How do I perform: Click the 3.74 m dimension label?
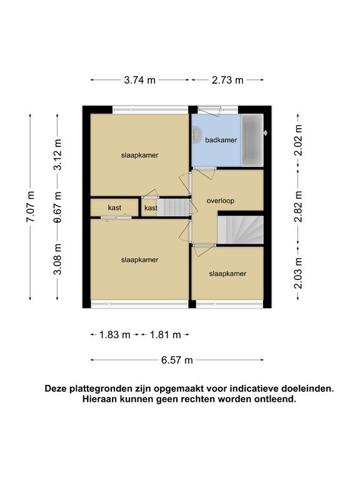140,79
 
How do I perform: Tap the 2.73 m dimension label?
227,79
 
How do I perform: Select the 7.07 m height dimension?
31,206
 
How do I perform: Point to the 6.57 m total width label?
177,359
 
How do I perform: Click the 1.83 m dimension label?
115,334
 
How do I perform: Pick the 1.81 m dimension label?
165,334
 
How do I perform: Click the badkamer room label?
221,141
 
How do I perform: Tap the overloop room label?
220,201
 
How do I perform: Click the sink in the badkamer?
196,134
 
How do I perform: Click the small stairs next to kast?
173,207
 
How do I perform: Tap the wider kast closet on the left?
114,207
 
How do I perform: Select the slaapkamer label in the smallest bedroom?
227,273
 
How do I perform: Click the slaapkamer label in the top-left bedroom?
139,155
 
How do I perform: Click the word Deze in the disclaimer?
56,388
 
